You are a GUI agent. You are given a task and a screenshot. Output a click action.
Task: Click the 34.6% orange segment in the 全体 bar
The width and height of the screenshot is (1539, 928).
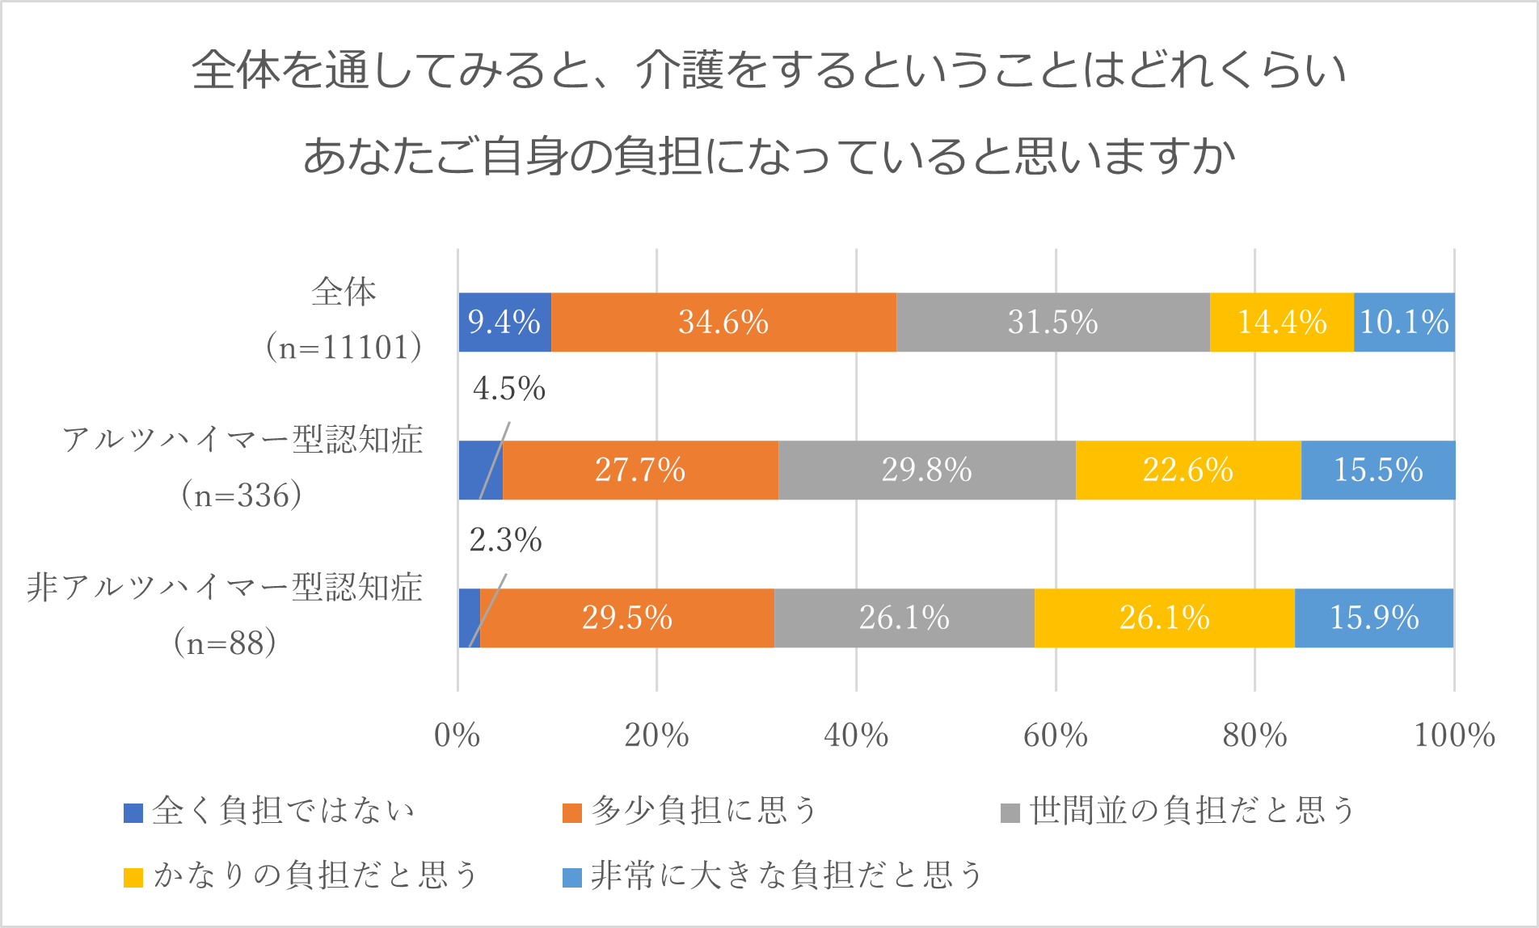click(x=723, y=323)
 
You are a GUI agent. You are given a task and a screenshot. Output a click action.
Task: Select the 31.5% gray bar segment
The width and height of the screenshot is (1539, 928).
click(x=1052, y=323)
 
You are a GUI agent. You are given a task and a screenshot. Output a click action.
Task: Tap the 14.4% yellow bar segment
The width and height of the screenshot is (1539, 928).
click(x=1282, y=323)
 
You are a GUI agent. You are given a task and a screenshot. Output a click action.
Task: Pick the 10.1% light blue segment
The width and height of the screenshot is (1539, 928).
click(x=1404, y=323)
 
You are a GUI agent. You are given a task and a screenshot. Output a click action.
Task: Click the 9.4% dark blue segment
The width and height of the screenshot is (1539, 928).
click(x=504, y=323)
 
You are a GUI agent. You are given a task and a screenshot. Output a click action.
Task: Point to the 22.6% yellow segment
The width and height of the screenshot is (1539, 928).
click(x=1188, y=470)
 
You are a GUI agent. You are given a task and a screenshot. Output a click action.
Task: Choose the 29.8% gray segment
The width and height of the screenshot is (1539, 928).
click(x=926, y=470)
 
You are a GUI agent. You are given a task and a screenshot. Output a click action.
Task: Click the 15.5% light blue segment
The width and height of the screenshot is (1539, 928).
click(x=1378, y=470)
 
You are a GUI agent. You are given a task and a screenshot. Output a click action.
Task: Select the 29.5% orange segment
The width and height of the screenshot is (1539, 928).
click(x=627, y=618)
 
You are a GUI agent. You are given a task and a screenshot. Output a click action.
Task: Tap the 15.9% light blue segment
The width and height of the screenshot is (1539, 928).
click(x=1374, y=618)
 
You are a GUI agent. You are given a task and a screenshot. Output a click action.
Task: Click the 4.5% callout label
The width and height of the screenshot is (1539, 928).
click(x=509, y=389)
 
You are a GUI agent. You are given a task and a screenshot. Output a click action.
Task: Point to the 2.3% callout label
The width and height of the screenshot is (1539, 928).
click(x=506, y=540)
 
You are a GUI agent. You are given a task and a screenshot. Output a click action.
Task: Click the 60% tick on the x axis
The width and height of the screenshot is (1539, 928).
click(x=1056, y=736)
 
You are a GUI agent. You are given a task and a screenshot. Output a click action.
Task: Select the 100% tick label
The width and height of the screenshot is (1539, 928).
click(x=1454, y=736)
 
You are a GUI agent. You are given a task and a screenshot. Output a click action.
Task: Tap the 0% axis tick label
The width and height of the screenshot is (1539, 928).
click(x=457, y=736)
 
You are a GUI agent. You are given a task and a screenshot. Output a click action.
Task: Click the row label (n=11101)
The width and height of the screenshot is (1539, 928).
click(x=344, y=348)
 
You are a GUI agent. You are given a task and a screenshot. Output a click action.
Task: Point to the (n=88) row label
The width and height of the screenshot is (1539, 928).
click(x=226, y=643)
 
